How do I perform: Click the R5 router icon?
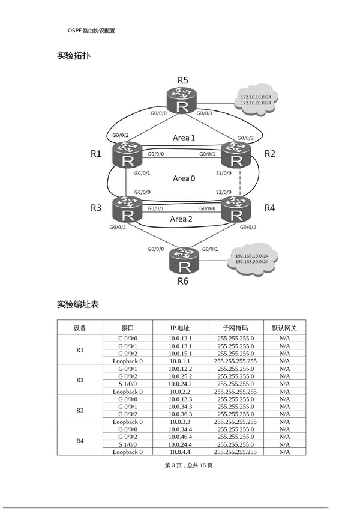click(182, 100)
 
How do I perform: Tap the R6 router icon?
click(182, 260)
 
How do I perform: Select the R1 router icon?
click(127, 154)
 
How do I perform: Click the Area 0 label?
click(184, 178)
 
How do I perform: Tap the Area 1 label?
click(184, 138)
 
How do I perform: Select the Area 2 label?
click(182, 219)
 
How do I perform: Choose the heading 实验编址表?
click(77, 304)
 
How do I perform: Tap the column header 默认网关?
click(284, 328)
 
